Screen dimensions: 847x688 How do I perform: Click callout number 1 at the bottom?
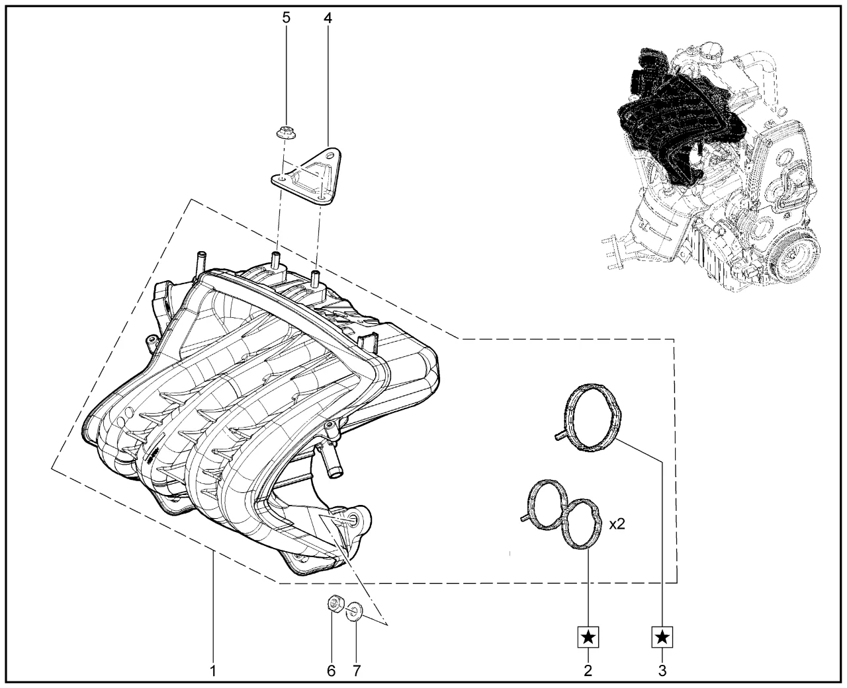point(213,671)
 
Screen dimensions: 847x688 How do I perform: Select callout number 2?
point(588,671)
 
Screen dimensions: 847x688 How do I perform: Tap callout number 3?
point(662,671)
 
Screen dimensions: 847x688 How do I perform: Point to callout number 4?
point(328,19)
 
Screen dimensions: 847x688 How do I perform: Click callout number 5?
point(287,19)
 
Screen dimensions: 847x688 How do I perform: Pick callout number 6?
point(332,671)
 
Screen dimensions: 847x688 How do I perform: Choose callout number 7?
point(357,671)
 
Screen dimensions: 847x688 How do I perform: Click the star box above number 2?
point(588,637)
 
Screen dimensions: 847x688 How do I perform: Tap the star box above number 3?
point(662,637)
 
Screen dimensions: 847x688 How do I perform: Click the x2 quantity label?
point(617,524)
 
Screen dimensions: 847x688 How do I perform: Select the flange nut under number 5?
point(286,132)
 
